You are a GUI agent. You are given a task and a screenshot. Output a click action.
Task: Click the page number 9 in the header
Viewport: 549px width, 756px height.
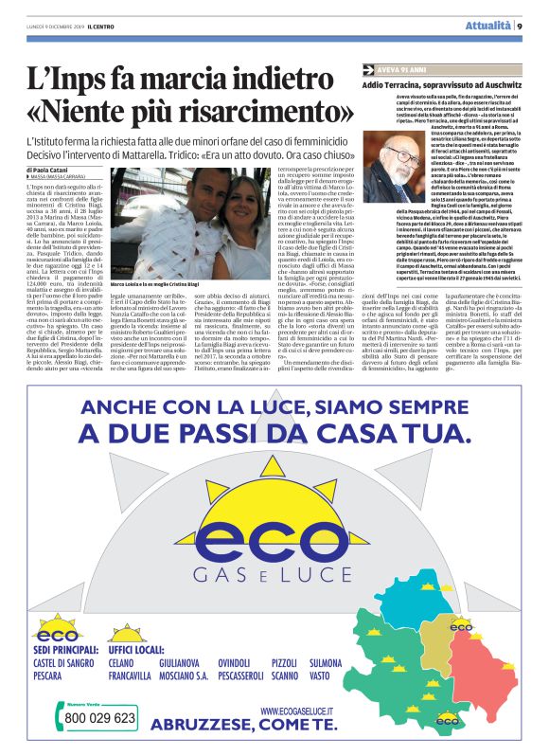[x=522, y=27]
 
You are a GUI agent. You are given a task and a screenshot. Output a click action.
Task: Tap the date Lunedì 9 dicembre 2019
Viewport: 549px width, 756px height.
[x=58, y=27]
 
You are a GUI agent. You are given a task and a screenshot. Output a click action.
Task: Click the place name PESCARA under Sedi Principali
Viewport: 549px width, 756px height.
[x=52, y=678]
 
